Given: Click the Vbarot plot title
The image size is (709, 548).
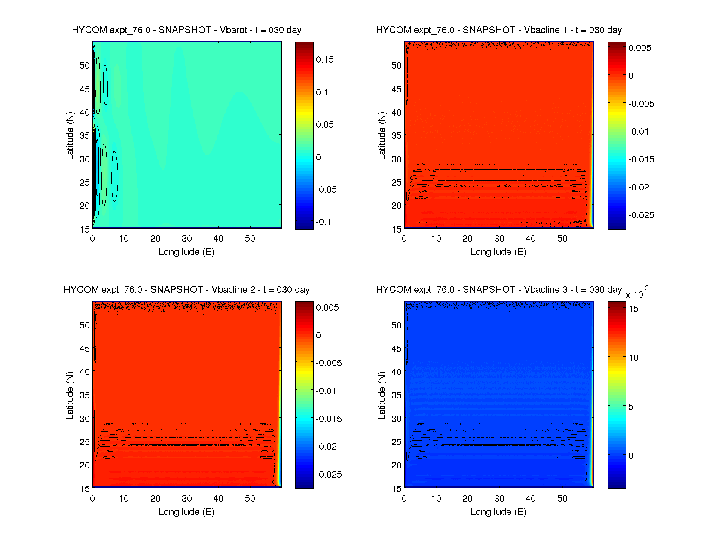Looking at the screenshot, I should click(x=186, y=30).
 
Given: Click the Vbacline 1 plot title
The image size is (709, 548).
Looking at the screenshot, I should click(x=499, y=30).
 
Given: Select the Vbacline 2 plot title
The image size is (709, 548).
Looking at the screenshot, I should click(x=186, y=290).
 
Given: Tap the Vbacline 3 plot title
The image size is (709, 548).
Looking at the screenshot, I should click(x=499, y=290).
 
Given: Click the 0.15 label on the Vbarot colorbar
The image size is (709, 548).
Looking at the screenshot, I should click(x=325, y=60).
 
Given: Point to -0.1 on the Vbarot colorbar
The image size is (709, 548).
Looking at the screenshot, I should click(x=324, y=222).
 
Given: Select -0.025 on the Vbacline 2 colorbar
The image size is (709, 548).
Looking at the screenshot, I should click(x=329, y=475).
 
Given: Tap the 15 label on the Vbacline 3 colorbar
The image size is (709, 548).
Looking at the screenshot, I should click(x=633, y=309).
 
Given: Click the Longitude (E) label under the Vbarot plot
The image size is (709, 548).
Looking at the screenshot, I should click(x=186, y=252).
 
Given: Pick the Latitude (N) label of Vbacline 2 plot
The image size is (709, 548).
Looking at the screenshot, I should click(x=70, y=395).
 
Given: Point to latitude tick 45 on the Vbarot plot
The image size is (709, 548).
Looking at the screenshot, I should click(x=85, y=89).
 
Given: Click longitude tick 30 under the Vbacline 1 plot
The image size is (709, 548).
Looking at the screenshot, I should click(x=499, y=239).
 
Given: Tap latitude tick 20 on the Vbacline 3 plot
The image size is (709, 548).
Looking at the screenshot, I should click(x=397, y=465).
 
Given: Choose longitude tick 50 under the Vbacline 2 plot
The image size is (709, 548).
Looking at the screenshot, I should click(x=250, y=499).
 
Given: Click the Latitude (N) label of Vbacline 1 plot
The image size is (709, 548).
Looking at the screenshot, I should click(x=382, y=136).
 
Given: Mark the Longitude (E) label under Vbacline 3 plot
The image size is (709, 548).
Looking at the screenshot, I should click(x=498, y=512).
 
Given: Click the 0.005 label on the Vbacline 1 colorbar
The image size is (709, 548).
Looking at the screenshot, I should click(x=640, y=48).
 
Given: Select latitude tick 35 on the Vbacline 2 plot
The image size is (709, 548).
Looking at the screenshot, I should click(x=85, y=395).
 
